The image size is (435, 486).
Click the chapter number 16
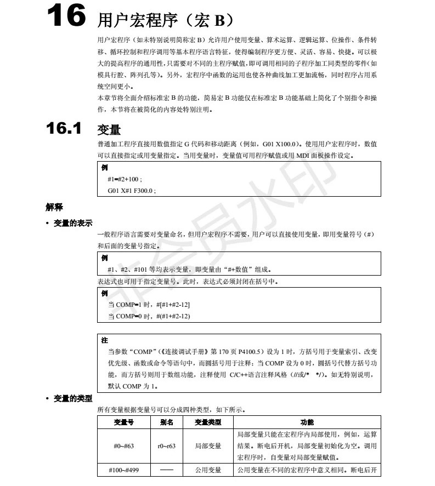65,16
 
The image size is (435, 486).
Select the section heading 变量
109,130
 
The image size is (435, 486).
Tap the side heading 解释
54,207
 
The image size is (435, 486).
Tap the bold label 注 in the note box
105,340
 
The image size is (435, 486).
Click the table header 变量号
123,422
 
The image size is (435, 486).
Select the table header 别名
167,422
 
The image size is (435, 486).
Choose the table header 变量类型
208,422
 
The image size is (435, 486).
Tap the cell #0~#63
123,446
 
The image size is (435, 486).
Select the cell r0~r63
167,446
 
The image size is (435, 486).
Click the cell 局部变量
208,446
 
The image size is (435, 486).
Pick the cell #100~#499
123,470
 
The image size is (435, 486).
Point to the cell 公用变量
208,470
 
